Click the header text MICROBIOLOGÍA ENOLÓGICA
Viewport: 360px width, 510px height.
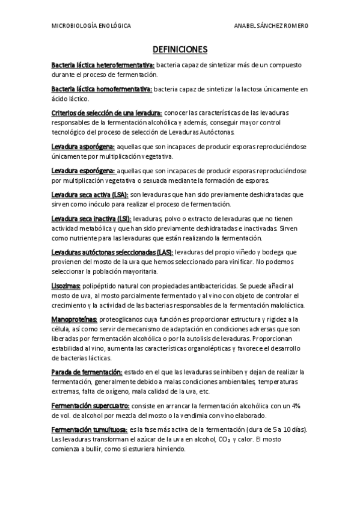(91, 26)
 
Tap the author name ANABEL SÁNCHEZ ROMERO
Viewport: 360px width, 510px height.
(272, 26)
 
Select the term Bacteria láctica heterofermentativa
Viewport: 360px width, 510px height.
(103, 64)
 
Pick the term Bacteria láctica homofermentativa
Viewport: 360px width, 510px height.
(102, 89)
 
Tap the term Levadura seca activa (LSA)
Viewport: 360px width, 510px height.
(90, 195)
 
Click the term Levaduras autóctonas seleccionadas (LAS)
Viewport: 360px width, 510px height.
(112, 253)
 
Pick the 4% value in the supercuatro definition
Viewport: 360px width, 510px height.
(295, 406)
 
